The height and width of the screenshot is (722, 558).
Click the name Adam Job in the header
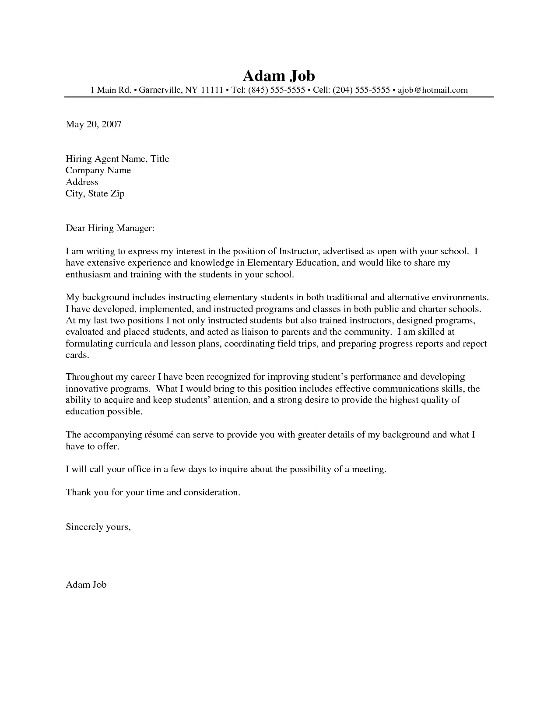pos(278,76)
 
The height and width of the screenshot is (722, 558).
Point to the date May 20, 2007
pos(93,124)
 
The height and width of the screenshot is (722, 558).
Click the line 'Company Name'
pos(98,170)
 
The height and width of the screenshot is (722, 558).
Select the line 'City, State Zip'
pos(95,193)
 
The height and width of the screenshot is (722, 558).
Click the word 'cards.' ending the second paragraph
pos(77,355)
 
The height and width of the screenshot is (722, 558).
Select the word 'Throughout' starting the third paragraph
pos(89,377)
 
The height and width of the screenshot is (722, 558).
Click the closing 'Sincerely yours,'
pos(98,527)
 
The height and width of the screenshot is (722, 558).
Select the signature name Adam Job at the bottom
pos(86,585)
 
